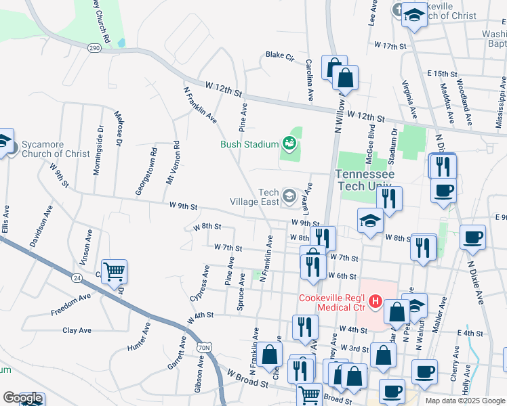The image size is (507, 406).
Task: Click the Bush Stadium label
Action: (x=249, y=144)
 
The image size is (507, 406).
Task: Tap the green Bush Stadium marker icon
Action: (x=289, y=143)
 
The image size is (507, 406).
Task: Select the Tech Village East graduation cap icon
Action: (x=289, y=197)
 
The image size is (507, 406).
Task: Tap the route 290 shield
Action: (x=94, y=47)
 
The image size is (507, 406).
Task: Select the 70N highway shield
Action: (x=204, y=347)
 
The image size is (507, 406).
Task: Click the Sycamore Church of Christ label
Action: (x=56, y=149)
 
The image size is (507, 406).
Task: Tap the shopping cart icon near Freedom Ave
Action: (x=114, y=272)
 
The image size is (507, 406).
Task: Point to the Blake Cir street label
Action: (x=279, y=55)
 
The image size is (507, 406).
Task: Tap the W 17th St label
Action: (x=394, y=46)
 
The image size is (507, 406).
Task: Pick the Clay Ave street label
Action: (x=77, y=330)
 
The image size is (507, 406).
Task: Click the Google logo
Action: (x=22, y=398)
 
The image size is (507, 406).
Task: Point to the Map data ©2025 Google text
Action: (x=464, y=401)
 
